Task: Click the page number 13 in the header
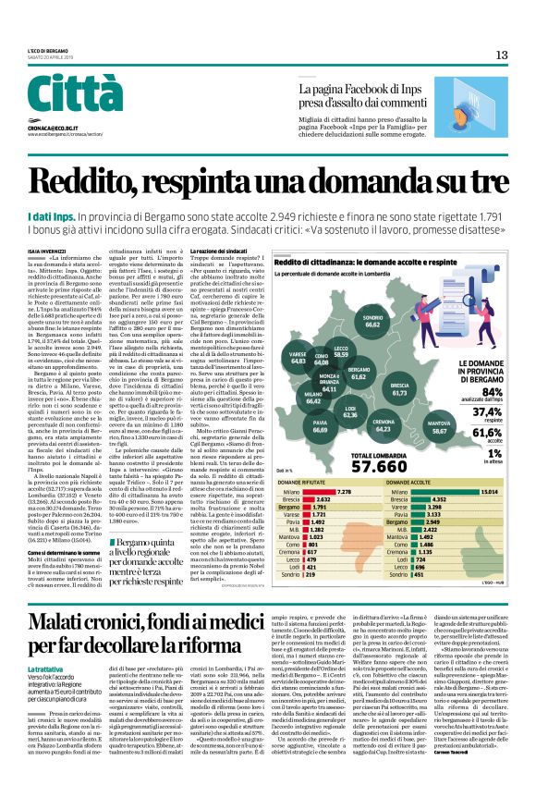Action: point(502,55)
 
